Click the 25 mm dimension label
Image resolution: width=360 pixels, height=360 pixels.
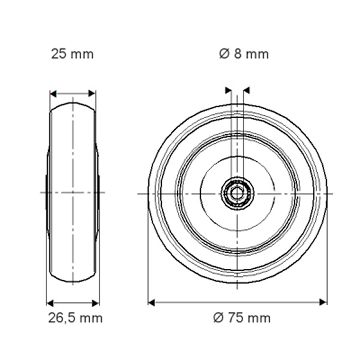72,54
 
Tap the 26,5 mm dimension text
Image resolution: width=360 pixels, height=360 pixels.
76,318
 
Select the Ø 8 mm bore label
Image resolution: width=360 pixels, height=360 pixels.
244,54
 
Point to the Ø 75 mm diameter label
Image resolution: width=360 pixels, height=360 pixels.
242,318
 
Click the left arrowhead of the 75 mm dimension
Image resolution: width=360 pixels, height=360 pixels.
152,302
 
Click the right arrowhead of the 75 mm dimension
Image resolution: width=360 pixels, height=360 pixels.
324,302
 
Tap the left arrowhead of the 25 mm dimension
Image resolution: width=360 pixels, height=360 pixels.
53,94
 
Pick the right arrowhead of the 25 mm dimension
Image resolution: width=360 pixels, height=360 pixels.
92,94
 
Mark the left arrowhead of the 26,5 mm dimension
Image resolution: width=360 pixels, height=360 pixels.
50,303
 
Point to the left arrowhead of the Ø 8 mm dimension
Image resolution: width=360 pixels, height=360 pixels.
228,90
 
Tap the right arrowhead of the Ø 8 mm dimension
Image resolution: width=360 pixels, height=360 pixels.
246,90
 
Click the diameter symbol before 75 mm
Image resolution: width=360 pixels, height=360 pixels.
218,318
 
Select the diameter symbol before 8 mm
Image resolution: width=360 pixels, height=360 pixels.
224,54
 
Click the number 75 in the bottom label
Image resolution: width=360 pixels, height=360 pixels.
234,318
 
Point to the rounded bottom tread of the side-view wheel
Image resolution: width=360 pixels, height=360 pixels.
72,280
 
